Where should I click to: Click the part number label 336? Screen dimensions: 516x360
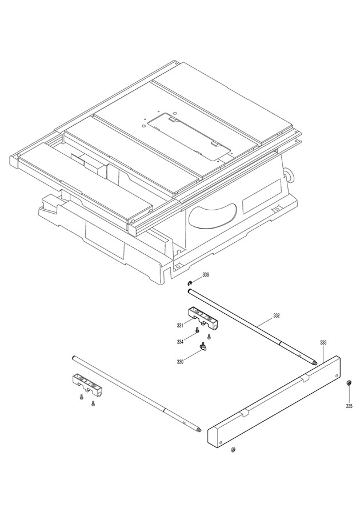pos(206,275)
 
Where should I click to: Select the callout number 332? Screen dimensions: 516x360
pos(277,315)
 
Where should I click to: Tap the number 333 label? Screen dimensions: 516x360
pos(323,342)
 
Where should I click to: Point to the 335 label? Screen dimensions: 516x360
pos(349,406)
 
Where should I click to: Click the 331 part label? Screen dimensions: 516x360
pos(179,326)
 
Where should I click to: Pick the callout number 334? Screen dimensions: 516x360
pos(180,342)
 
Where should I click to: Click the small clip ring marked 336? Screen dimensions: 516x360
pos(189,282)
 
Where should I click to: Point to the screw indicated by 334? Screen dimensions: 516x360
pos(197,330)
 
